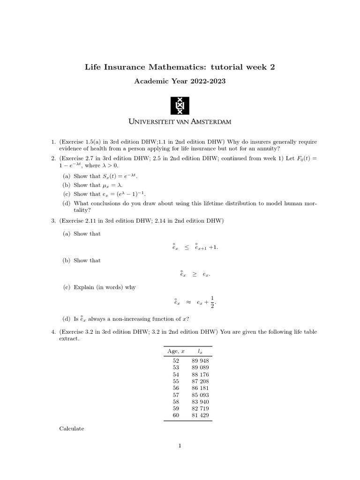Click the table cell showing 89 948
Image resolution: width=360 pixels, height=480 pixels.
pyautogui.click(x=200, y=360)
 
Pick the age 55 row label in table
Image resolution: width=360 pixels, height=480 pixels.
pyautogui.click(x=176, y=381)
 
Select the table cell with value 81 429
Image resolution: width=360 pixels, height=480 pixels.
pyautogui.click(x=200, y=415)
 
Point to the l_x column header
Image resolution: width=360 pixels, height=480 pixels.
pyautogui.click(x=200, y=351)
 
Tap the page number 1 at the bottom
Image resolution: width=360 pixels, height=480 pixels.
pyautogui.click(x=180, y=446)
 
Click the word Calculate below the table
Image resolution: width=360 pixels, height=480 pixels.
pyautogui.click(x=72, y=428)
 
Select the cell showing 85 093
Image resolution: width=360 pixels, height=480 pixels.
pyautogui.click(x=200, y=395)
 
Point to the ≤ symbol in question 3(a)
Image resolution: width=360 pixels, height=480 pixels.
pyautogui.click(x=187, y=247)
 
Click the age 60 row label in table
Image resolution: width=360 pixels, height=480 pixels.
pyautogui.click(x=176, y=415)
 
